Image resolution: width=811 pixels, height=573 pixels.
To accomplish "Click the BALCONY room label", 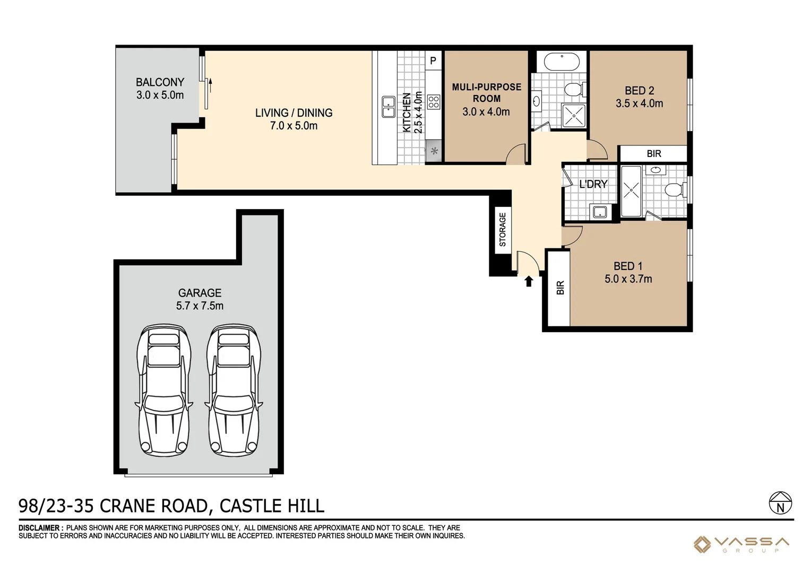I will click(x=160, y=82).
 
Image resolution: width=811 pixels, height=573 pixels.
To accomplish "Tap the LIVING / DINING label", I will click(x=294, y=113).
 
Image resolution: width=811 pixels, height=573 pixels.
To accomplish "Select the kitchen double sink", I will click(x=389, y=107).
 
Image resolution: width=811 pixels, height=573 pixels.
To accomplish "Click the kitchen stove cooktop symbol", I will click(x=434, y=102).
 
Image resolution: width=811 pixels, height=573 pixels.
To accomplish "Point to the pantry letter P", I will click(x=433, y=61).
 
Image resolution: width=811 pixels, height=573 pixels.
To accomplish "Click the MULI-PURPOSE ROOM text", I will click(x=486, y=92).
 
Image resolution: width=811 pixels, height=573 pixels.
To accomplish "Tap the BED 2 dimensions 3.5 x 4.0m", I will click(x=639, y=103).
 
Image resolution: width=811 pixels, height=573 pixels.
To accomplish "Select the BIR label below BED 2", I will click(x=654, y=154).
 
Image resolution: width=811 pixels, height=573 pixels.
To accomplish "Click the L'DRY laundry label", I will click(x=593, y=184).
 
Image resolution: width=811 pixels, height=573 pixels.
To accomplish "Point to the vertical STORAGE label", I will click(x=502, y=229).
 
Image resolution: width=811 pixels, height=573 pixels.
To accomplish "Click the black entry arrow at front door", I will click(x=529, y=281).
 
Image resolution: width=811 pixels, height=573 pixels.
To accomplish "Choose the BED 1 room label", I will click(x=628, y=266).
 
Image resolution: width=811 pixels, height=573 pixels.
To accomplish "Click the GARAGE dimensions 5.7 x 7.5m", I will click(x=200, y=306).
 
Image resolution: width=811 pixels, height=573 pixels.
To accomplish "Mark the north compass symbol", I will click(x=780, y=503).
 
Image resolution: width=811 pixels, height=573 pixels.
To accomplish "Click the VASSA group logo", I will click(x=742, y=544).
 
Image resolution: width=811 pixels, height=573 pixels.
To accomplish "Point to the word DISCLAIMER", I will click(x=40, y=528).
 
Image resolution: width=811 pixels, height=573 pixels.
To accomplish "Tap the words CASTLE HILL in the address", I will click(x=272, y=506).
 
